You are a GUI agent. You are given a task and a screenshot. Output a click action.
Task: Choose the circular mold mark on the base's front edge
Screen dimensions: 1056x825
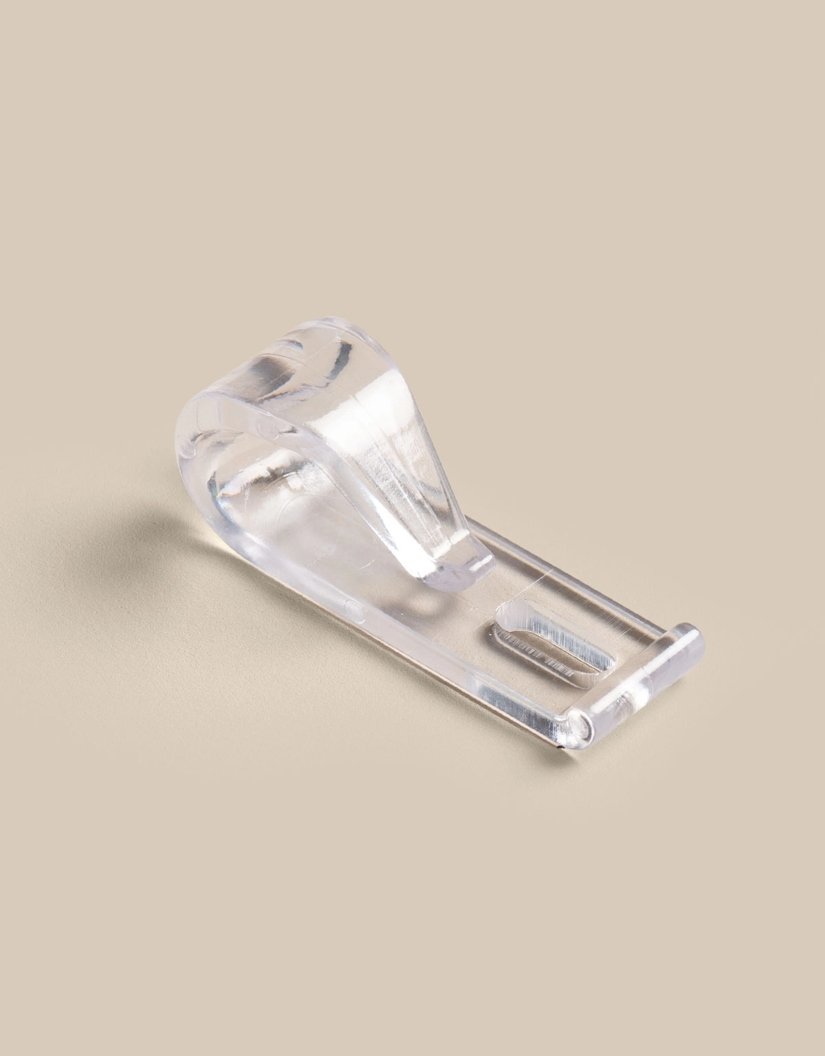coord(353,609)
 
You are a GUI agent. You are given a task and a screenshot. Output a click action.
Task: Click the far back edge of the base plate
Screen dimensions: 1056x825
coord(584,584)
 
